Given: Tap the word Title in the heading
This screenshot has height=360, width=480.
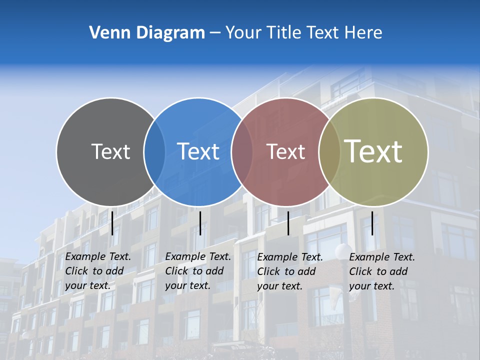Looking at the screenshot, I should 283,33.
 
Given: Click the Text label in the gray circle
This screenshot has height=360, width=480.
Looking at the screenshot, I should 110,151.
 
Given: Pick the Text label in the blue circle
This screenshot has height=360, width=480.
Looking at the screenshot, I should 198,151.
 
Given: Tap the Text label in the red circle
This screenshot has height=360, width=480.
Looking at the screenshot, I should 285,151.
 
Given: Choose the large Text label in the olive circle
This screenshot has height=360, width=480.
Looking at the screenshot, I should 373,151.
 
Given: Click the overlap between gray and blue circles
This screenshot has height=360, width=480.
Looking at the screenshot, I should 154,152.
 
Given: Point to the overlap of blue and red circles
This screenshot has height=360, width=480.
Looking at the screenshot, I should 242,152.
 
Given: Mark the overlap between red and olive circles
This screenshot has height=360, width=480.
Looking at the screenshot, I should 329,152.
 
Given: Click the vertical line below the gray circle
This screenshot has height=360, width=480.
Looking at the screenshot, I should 112,223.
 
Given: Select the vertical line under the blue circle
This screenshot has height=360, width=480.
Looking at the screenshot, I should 200,223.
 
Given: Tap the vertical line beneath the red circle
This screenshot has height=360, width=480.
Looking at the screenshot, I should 288,223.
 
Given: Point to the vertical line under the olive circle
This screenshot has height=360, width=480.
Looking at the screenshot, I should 372,223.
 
